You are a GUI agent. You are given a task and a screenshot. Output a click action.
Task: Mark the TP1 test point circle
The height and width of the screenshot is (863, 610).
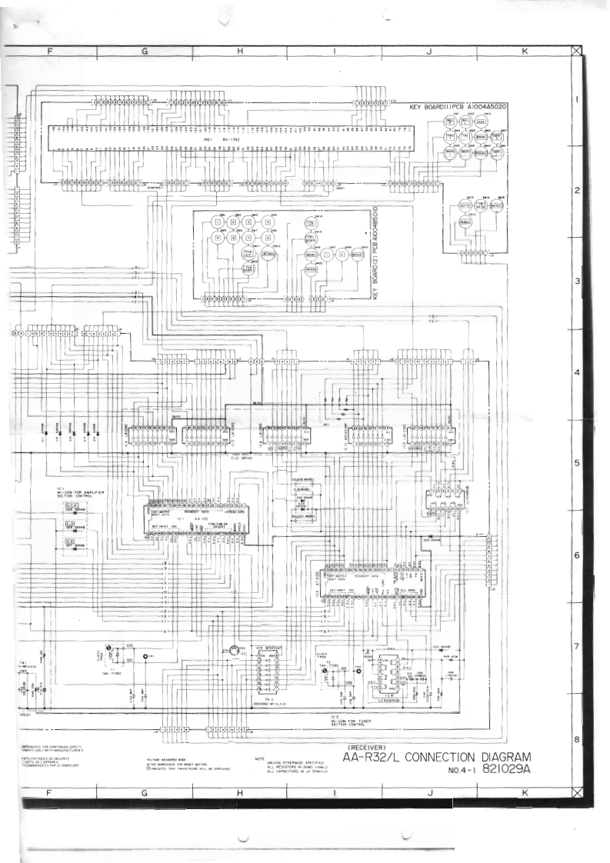pyautogui.click(x=145, y=656)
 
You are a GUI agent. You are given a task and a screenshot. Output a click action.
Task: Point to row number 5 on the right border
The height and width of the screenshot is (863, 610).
pyautogui.click(x=576, y=464)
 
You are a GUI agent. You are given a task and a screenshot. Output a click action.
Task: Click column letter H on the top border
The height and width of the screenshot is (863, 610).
pyautogui.click(x=239, y=52)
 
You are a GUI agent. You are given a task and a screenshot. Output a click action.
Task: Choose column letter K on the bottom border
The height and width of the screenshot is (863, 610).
pyautogui.click(x=524, y=792)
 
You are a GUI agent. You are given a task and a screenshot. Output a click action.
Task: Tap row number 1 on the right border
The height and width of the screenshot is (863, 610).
pyautogui.click(x=576, y=100)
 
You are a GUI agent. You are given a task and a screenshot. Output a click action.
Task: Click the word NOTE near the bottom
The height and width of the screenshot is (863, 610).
pyautogui.click(x=260, y=758)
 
